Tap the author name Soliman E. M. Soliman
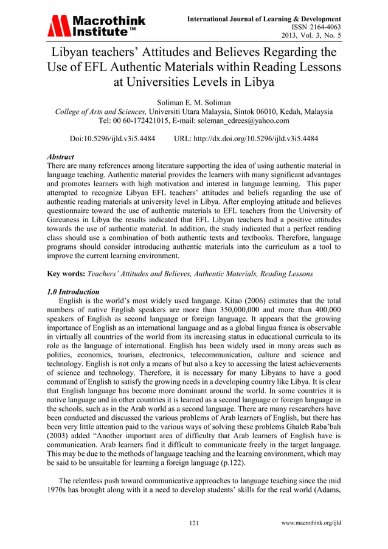(193, 101)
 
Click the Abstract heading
(61, 156)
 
